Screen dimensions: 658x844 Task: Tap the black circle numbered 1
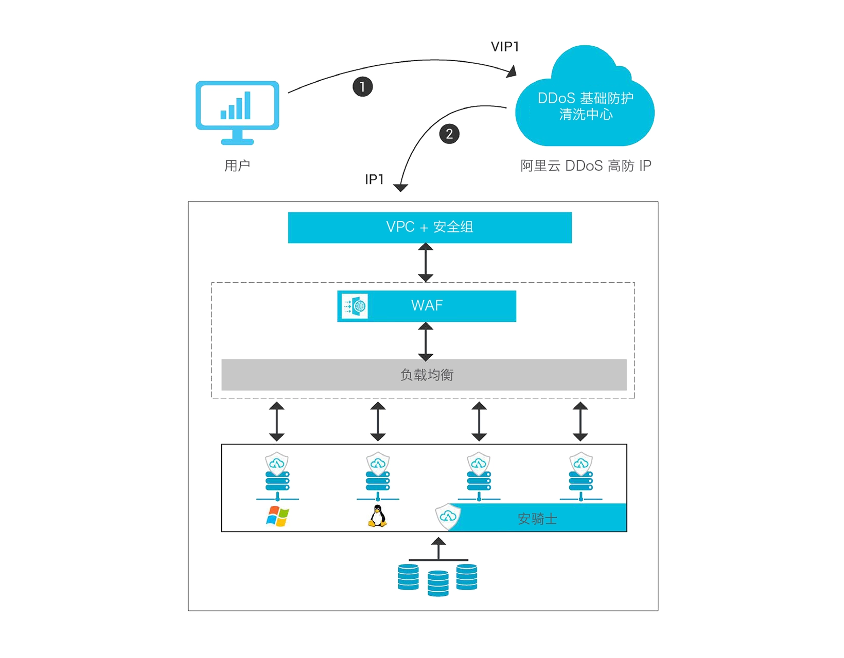click(362, 86)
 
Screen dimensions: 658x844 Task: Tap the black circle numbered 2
click(449, 134)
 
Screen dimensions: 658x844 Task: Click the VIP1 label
click(505, 47)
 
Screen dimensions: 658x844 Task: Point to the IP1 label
click(374, 179)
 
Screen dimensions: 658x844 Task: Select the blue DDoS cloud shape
click(585, 103)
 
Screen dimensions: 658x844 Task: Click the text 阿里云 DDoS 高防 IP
click(586, 166)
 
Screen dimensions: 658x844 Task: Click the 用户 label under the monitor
click(237, 166)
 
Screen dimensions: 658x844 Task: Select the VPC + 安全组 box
click(430, 227)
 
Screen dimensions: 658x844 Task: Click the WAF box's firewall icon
click(355, 306)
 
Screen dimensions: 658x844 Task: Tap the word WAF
click(427, 306)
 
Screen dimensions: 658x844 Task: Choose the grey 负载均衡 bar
click(424, 375)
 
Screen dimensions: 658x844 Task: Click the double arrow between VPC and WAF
click(426, 262)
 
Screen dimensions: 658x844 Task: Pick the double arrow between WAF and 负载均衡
click(426, 341)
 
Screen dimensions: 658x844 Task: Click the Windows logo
click(277, 517)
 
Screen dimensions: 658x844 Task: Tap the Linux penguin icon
click(377, 516)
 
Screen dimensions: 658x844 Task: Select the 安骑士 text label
click(537, 519)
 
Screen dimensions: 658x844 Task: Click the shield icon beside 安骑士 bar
click(448, 516)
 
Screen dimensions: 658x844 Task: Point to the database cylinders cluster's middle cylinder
click(438, 583)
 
